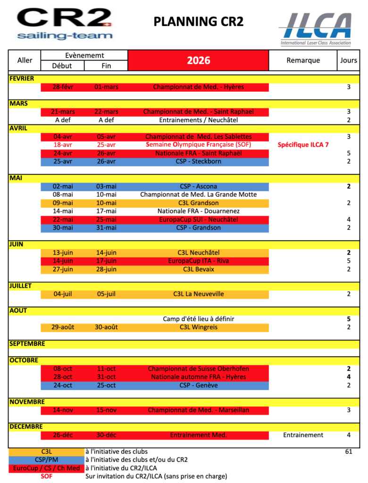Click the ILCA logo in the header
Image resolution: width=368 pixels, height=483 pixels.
point(315,28)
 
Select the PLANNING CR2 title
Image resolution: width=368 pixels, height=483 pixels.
point(198,21)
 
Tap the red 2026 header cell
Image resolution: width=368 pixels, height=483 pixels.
point(198,60)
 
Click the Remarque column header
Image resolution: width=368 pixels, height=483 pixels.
point(303,60)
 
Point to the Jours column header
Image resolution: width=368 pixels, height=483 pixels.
point(349,60)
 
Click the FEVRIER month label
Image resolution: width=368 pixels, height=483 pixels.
point(22,79)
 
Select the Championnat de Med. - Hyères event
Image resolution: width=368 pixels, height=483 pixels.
point(198,87)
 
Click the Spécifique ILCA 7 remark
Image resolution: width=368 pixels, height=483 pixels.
point(303,145)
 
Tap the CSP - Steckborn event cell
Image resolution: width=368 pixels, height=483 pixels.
point(198,161)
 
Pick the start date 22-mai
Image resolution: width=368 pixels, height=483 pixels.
point(63,219)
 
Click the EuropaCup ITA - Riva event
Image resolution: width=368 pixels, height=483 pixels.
point(198,261)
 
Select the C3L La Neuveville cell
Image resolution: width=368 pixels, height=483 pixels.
point(198,294)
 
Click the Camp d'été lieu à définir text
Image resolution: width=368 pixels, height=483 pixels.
point(198,319)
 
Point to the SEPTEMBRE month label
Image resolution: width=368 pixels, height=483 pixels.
point(27,344)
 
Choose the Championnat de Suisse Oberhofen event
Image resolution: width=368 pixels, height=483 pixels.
point(198,369)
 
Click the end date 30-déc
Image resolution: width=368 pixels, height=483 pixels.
point(106,435)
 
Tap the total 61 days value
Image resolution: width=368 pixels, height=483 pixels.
point(349,451)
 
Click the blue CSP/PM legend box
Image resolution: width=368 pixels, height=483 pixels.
point(46,460)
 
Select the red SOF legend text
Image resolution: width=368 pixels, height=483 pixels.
point(46,476)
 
